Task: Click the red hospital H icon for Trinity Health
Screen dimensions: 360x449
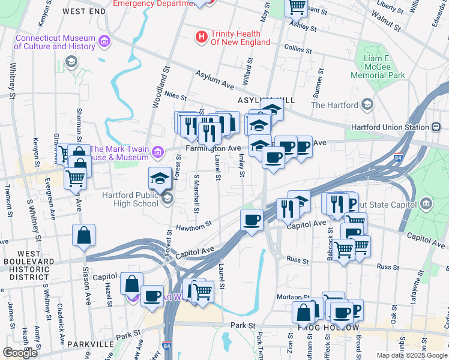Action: click(202, 37)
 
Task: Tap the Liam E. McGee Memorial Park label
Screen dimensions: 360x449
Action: click(378, 65)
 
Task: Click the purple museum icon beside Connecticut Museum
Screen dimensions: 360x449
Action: click(105, 41)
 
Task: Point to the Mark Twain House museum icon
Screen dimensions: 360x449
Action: click(158, 153)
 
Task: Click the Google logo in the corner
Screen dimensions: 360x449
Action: click(20, 353)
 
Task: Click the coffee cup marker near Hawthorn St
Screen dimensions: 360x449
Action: click(251, 219)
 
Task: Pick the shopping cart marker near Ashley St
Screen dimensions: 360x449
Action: click(295, 7)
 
